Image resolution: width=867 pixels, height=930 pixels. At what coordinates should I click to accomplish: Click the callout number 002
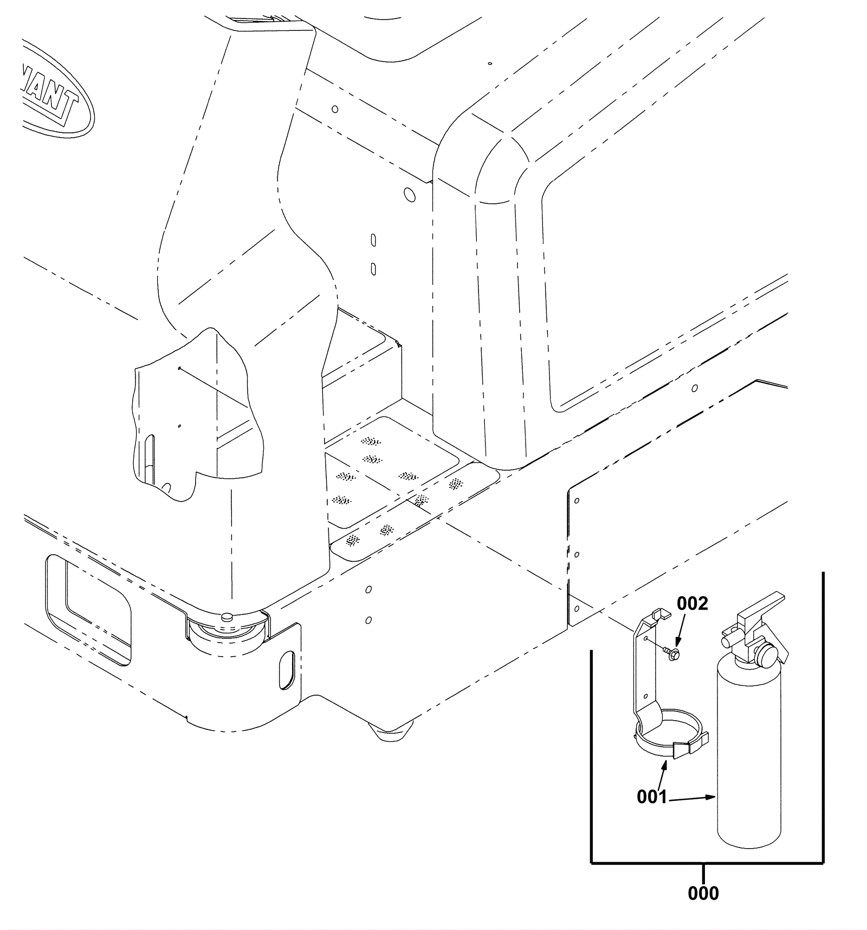pos(692,603)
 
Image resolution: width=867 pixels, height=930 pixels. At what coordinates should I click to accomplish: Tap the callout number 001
pos(651,797)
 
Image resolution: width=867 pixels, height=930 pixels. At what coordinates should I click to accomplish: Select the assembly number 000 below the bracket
pos(703,893)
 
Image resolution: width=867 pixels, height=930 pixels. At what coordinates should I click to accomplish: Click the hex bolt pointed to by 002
pos(674,655)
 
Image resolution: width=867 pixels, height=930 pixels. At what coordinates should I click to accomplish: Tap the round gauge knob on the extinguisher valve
pos(766,655)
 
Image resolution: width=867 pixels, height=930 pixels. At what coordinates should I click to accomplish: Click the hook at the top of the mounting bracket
pos(661,614)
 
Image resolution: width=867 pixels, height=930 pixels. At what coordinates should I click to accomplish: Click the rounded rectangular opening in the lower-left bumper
pos(88,608)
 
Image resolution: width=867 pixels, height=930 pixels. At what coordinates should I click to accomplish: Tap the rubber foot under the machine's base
pos(391,732)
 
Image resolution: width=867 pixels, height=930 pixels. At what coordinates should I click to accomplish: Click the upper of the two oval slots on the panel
pos(373,240)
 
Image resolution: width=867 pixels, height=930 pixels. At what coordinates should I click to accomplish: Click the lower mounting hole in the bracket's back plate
pos(645,696)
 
